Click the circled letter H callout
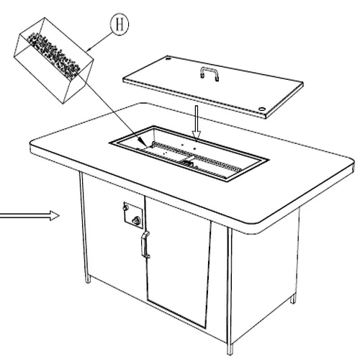click(120, 24)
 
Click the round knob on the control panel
click(138, 220)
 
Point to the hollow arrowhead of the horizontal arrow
click(55, 215)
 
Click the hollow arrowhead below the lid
click(197, 135)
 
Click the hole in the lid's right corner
click(261, 109)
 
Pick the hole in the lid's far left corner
click(168, 58)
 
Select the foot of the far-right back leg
click(293, 300)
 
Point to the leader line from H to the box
click(99, 41)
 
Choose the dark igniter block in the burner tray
click(189, 164)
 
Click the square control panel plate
click(133, 215)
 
